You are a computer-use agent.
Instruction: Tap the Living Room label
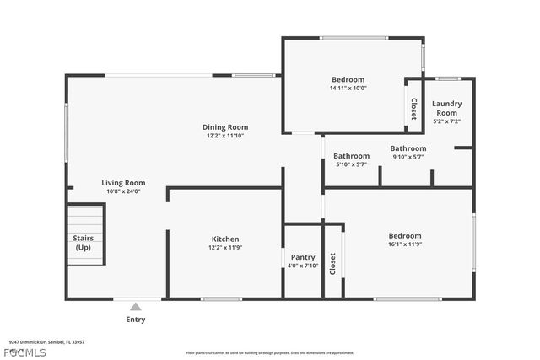click(x=123, y=183)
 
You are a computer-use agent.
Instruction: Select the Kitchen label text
click(x=224, y=239)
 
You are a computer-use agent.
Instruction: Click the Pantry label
click(x=302, y=257)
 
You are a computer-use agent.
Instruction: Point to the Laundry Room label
click(x=446, y=108)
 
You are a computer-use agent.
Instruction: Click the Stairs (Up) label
click(x=83, y=243)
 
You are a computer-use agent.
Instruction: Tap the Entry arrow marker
click(x=136, y=307)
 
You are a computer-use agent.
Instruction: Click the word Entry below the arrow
click(x=136, y=320)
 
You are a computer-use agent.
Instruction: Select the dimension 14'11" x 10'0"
click(x=348, y=88)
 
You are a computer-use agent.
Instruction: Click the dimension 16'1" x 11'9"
click(x=404, y=244)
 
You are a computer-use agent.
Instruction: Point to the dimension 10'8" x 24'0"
click(x=123, y=191)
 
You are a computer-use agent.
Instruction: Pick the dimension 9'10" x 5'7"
click(x=408, y=157)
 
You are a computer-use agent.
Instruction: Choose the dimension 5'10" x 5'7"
click(x=351, y=164)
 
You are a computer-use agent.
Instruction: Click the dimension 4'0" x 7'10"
click(x=302, y=266)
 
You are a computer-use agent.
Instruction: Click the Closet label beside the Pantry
click(x=332, y=263)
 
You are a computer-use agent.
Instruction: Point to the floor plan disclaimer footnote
click(x=269, y=352)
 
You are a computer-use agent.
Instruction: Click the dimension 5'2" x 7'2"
click(x=446, y=121)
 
